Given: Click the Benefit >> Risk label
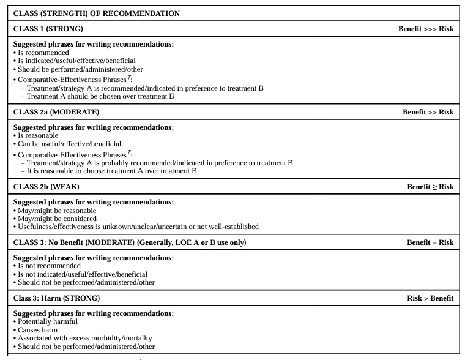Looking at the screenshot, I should click(x=428, y=112).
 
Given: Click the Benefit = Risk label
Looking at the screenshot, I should click(x=430, y=242).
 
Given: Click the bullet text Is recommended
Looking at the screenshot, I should click(x=43, y=53).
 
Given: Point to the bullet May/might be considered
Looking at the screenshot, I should click(x=57, y=219).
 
